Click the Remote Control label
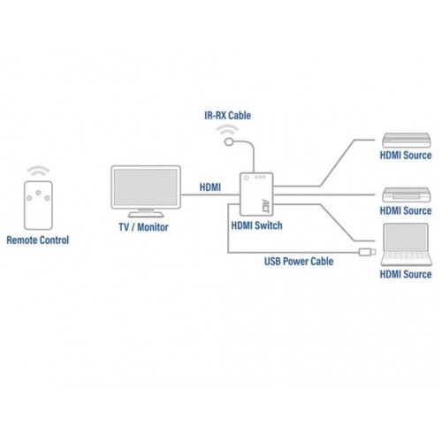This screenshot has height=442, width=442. point(38,240)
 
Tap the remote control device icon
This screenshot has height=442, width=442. point(38,205)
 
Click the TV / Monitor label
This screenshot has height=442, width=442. point(143,227)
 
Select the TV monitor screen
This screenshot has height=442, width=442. point(146,187)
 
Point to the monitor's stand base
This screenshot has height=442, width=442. point(146,214)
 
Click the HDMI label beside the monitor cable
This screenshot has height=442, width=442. point(210,187)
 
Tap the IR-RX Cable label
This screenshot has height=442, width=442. point(228,115)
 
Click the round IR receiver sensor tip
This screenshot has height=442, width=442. point(229,142)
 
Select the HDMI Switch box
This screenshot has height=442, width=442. point(256,194)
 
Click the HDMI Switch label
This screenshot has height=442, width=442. point(256,225)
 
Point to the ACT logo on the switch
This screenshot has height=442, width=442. point(265,205)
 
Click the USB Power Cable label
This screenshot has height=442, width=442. point(299,262)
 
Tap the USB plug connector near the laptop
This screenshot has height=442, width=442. point(367,252)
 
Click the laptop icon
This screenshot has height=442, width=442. point(406,245)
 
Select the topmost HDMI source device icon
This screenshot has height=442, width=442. point(407,141)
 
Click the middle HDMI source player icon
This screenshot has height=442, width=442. point(407,194)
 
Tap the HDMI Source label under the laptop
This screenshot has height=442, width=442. point(406,274)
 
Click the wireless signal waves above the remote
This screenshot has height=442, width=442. point(38,171)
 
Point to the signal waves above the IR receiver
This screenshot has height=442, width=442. point(227,130)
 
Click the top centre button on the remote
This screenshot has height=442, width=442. point(38,193)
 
